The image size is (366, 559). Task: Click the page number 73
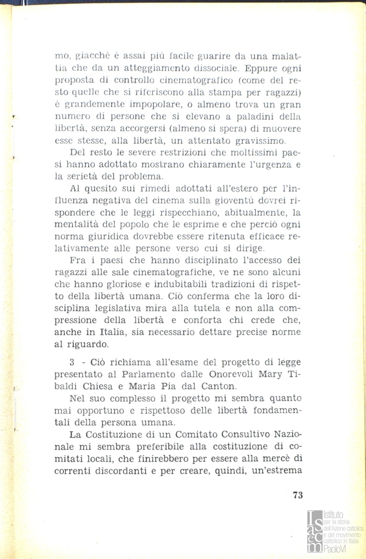297,495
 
